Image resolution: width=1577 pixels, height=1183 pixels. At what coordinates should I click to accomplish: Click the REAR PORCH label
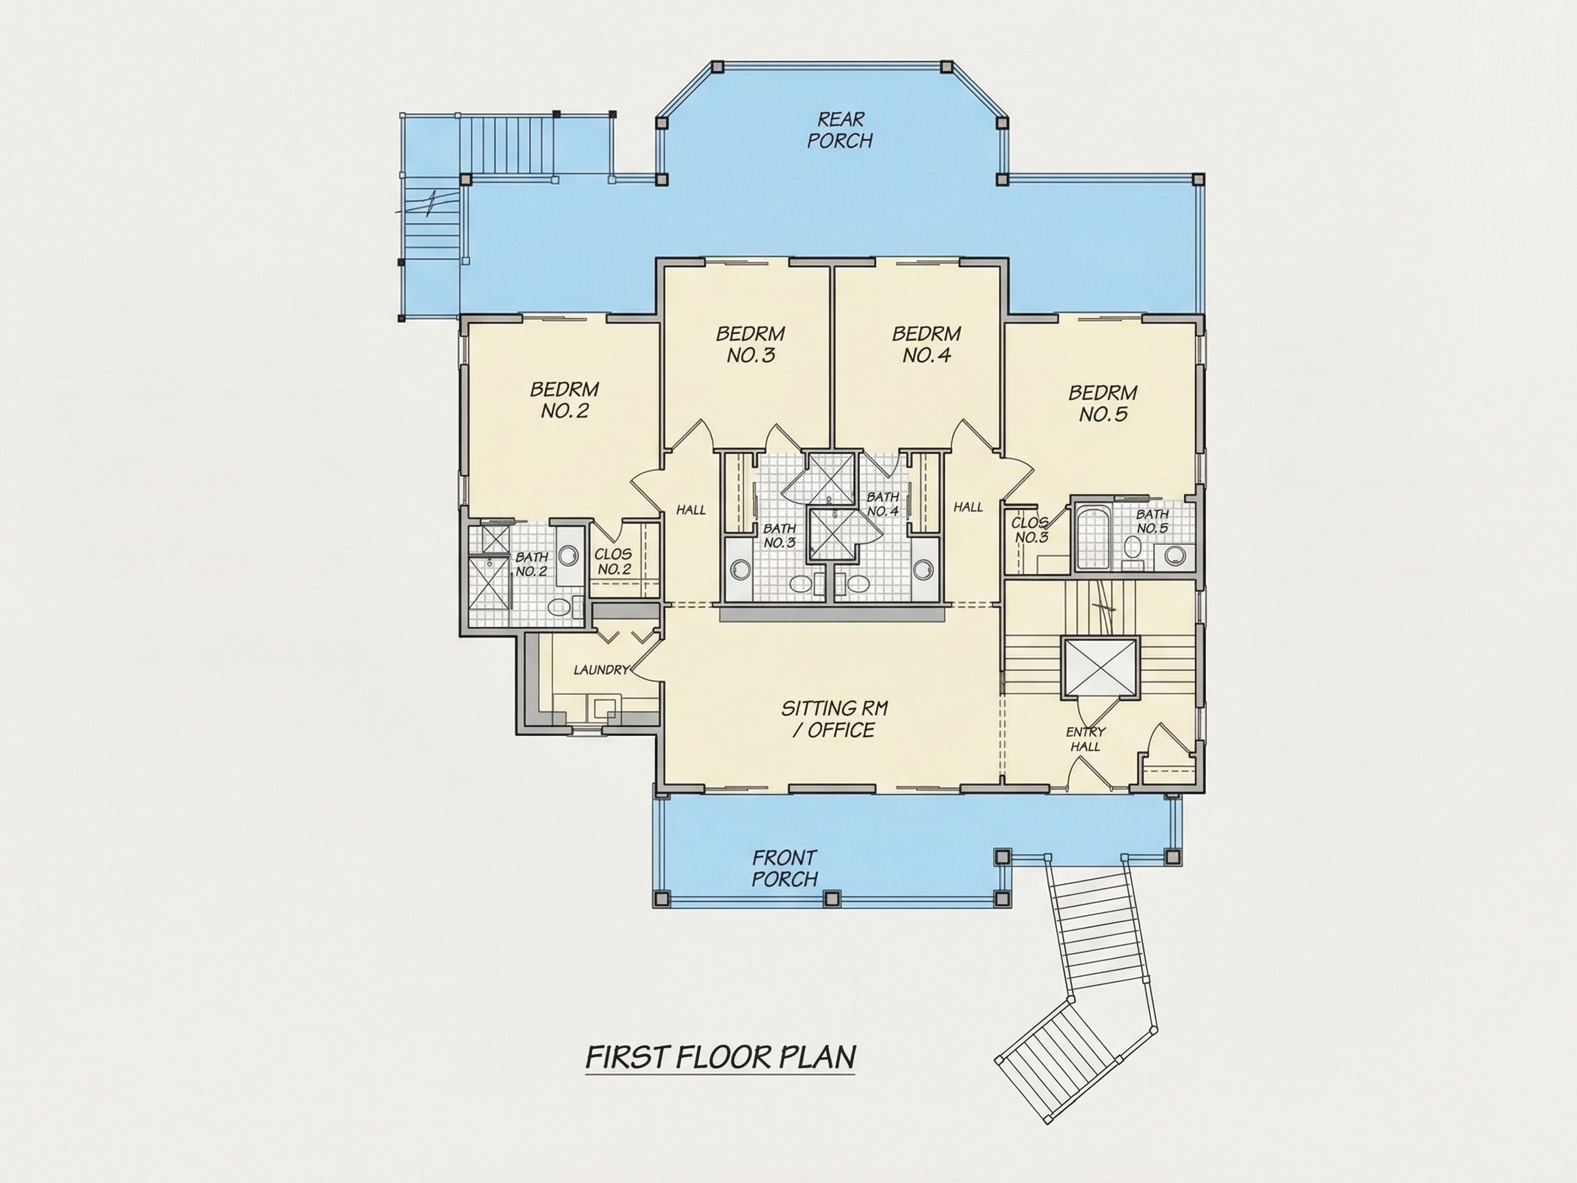click(840, 130)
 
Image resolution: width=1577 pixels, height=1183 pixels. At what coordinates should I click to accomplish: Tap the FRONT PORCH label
click(784, 868)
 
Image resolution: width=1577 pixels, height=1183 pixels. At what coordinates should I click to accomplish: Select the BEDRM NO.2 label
click(564, 400)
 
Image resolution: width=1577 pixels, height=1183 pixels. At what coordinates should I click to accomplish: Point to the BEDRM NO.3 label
click(751, 344)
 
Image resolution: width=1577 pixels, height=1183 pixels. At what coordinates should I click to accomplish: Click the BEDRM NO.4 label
click(927, 344)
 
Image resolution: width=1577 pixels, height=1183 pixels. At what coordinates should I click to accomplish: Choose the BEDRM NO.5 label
click(1103, 404)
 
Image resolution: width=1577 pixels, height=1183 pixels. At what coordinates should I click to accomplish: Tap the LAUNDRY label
click(602, 670)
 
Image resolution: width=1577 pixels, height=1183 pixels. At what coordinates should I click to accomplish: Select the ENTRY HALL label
click(1086, 739)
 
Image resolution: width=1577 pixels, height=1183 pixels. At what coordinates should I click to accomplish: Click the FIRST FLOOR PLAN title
click(720, 1058)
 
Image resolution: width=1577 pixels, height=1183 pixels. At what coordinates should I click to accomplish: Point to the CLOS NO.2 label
click(614, 561)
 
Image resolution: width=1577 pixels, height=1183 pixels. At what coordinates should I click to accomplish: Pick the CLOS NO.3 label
click(1030, 530)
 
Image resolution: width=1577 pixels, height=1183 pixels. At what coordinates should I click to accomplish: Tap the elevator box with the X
click(1100, 667)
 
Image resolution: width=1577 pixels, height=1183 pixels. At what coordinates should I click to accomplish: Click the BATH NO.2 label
click(532, 563)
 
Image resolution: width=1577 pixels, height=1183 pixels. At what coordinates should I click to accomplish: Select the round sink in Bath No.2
click(568, 555)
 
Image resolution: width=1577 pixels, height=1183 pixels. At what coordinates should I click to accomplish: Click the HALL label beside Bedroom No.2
click(691, 510)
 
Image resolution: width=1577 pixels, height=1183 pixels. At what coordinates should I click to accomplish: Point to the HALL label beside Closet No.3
click(968, 507)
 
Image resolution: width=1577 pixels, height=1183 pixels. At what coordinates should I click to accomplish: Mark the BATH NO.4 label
click(882, 504)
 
